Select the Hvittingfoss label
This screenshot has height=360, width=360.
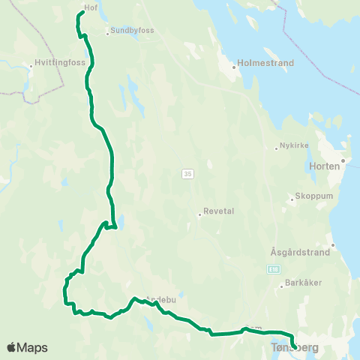pos(53,64)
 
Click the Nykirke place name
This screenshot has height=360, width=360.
pos(293,145)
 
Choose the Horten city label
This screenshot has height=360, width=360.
pos(329,166)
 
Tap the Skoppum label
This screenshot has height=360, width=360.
pos(308,199)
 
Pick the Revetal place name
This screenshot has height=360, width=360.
pos(220,211)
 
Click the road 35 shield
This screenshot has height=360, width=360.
pos(187,174)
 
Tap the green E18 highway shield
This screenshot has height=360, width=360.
pos(276,267)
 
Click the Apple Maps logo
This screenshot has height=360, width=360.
pos(27,347)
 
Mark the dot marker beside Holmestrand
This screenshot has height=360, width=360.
pos(234,66)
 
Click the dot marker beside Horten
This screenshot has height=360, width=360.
pos(343,160)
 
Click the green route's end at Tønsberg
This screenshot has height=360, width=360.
pos(293,346)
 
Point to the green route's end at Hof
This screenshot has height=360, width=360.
pos(79,13)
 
